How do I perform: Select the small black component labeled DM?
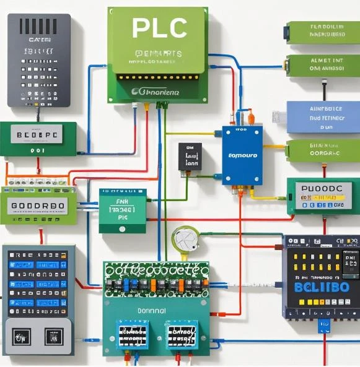[x=190, y=157]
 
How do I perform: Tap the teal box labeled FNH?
[x=123, y=210]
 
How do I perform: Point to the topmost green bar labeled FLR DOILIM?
[x=323, y=32]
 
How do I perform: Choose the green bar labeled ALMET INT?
[x=322, y=65]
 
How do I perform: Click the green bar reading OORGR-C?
[x=323, y=150]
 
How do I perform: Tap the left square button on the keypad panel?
[x=21, y=337]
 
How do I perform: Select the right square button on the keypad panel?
[x=54, y=337]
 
